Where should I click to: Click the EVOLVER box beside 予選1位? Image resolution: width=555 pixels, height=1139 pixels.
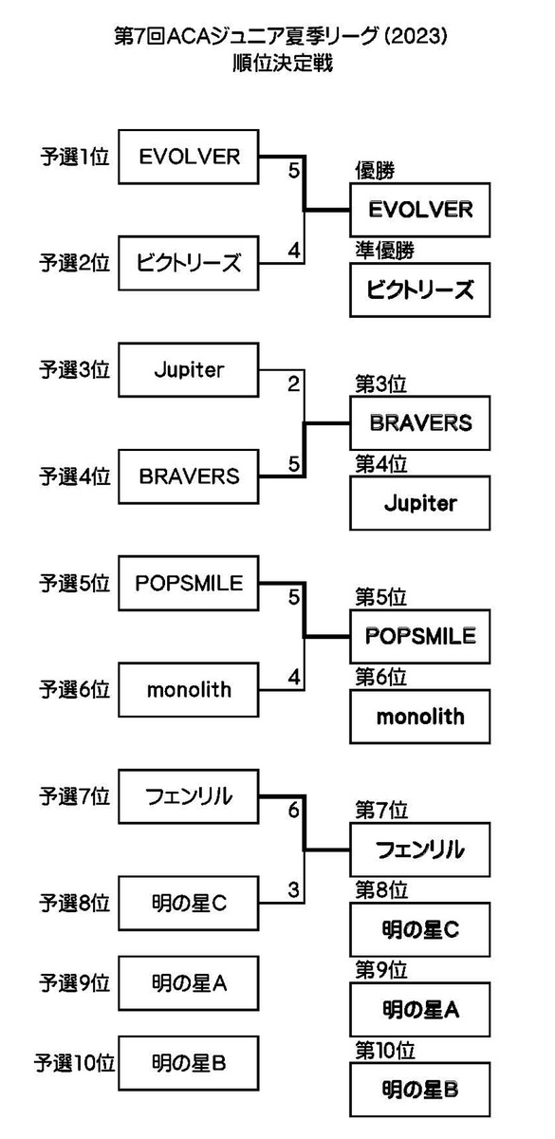pos(189,157)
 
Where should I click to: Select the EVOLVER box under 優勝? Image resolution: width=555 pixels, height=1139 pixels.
pos(419,210)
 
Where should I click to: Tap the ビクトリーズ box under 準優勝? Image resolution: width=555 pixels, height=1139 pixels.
pos(419,289)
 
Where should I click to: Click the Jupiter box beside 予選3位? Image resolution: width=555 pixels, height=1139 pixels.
pos(189,369)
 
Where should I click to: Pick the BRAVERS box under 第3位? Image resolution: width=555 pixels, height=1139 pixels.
pos(419,422)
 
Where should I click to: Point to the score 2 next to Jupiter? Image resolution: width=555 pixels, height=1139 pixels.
pos(294,383)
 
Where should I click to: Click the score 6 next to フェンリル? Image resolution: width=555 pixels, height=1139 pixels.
pos(294,810)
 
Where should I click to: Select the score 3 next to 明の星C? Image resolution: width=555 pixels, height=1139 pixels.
pos(294,890)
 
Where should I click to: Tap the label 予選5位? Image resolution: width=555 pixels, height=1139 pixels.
pos(75,583)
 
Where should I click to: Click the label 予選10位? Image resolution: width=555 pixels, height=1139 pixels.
pos(75,1063)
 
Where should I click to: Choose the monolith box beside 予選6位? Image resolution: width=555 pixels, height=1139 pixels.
pos(189,689)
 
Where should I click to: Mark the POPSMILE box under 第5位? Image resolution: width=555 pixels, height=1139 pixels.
pos(419,636)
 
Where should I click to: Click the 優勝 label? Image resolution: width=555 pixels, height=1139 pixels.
pos(375,171)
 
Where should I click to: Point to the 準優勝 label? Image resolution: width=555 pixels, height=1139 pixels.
pos(385,251)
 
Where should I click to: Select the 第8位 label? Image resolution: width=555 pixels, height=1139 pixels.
pos(381,890)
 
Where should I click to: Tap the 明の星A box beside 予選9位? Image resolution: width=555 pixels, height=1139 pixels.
pos(189,983)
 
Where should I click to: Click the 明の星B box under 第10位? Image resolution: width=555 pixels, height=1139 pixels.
pos(419,1090)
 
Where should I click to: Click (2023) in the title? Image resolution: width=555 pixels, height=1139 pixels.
pos(416,37)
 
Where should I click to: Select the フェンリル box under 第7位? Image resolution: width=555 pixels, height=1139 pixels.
pos(419,850)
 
